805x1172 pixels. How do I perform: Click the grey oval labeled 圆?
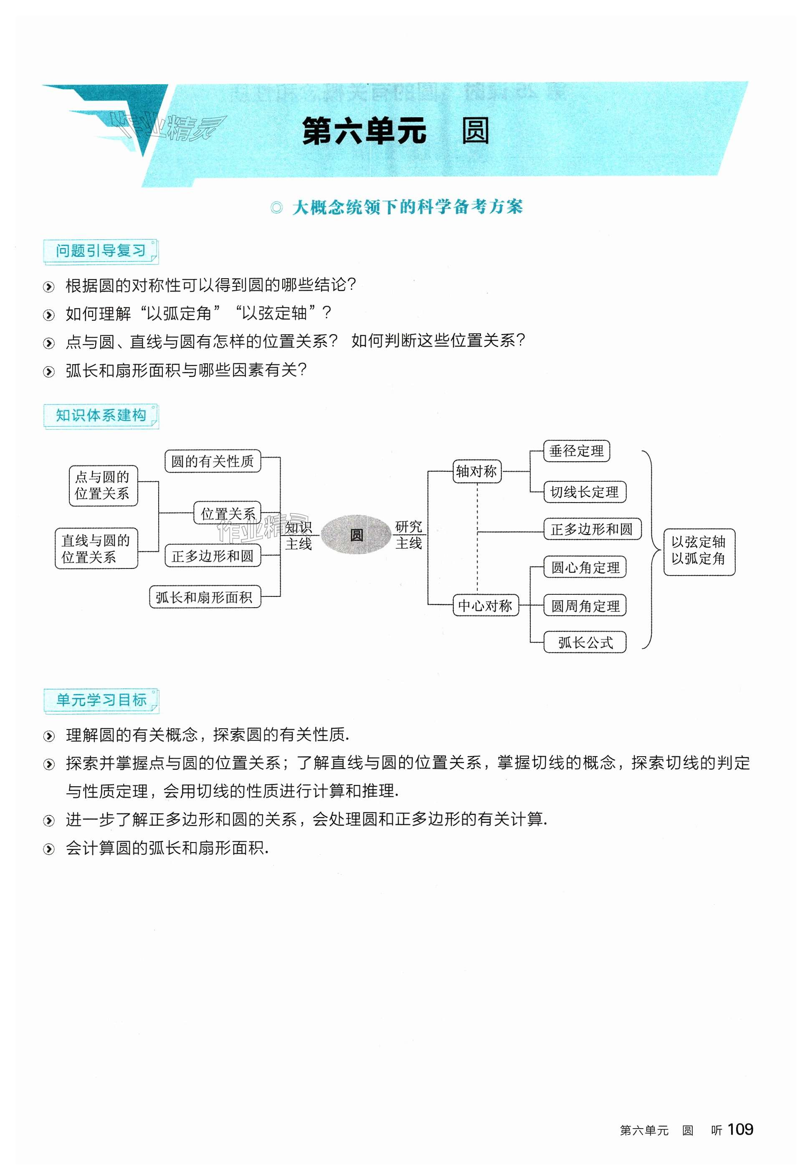click(x=356, y=535)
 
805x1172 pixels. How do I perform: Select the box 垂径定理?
click(x=576, y=451)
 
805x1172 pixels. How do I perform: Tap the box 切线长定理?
click(x=585, y=492)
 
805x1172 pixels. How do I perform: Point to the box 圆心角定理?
click(x=585, y=567)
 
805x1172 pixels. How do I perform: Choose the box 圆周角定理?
click(x=585, y=606)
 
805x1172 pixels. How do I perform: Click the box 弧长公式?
click(x=585, y=642)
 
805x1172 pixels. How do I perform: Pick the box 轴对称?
click(x=476, y=472)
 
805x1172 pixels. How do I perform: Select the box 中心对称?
click(x=485, y=605)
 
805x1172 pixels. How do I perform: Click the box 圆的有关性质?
click(x=213, y=461)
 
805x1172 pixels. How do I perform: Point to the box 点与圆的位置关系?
click(x=103, y=485)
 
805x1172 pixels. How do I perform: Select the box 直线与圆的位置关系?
click(x=96, y=549)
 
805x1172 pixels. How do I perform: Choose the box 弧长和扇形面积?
click(x=205, y=597)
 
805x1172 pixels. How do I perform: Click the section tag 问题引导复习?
click(x=101, y=251)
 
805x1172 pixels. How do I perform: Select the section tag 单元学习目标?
click(x=101, y=700)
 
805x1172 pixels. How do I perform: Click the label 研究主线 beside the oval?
click(x=409, y=535)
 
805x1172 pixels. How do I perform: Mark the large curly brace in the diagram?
click(x=652, y=550)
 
